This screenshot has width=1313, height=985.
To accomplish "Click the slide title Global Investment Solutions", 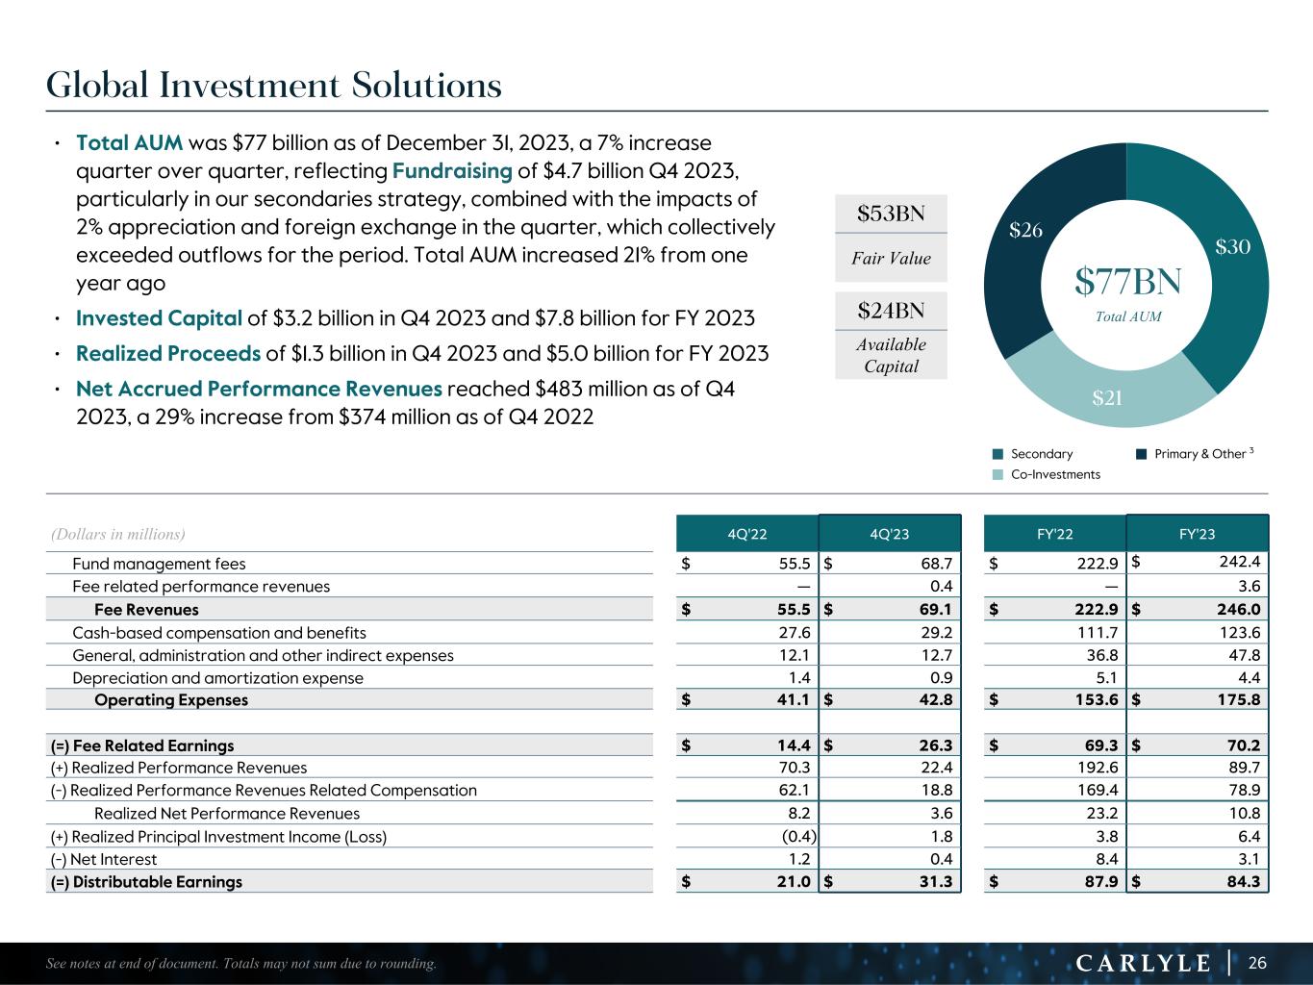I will [x=274, y=86].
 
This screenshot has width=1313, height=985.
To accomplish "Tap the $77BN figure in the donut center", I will [x=1127, y=282].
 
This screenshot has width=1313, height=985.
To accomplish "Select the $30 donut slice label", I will [x=1232, y=247].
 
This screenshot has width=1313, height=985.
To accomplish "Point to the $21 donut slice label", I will [x=1108, y=397].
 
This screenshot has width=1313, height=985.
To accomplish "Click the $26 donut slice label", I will [x=1026, y=230].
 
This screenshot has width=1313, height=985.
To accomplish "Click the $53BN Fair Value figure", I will [x=891, y=214].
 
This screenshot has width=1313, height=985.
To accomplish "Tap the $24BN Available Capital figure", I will [x=891, y=311].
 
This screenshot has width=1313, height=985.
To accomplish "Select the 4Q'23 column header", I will [x=889, y=534].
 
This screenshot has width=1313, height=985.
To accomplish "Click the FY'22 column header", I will [x=1055, y=534].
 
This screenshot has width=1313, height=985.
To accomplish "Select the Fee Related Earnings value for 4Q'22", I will [x=786, y=745].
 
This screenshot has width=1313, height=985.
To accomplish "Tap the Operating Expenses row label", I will [x=171, y=700].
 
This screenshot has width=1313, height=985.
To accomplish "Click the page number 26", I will [x=1258, y=963].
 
